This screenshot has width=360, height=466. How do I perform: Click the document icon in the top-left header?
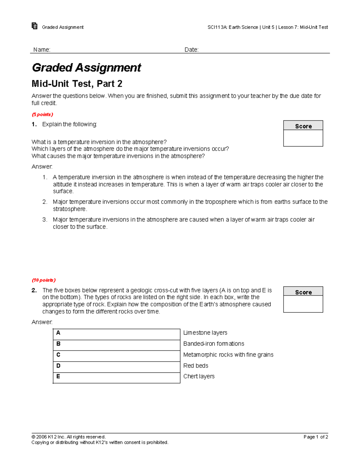(34, 26)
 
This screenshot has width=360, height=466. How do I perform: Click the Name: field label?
(42, 50)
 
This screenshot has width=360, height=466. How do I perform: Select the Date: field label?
(191, 50)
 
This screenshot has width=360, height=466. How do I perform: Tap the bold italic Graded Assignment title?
(86, 68)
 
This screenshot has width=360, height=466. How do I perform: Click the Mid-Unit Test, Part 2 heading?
(77, 84)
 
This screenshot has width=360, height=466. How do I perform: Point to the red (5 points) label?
(42, 115)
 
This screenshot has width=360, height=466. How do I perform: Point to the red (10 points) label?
(43, 280)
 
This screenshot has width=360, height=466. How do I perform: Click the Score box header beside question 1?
(303, 126)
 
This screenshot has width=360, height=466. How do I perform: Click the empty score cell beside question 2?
(303, 304)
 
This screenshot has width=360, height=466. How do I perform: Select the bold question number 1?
(34, 125)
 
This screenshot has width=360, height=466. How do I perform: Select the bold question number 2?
(34, 290)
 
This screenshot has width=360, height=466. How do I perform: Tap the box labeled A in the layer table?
(116, 334)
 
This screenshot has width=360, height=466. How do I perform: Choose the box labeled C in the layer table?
(116, 356)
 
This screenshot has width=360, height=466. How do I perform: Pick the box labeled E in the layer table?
(116, 378)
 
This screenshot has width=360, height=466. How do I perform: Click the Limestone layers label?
(205, 333)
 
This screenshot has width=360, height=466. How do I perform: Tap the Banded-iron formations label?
(214, 344)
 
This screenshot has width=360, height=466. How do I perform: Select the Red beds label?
(196, 366)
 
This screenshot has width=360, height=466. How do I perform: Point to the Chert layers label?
(199, 377)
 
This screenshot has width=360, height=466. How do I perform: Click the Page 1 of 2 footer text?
(316, 437)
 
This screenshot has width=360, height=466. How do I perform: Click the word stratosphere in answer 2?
(70, 209)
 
